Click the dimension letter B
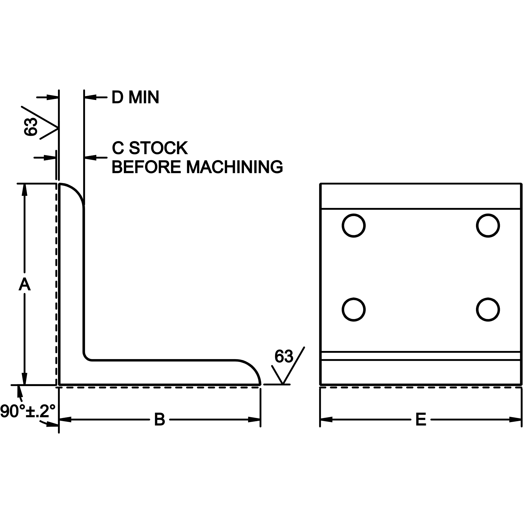159,419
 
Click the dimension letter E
421,419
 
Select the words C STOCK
150,148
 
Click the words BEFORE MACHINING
197,167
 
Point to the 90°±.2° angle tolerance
28,411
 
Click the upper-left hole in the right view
353,226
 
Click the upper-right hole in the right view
488,226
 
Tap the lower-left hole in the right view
353,310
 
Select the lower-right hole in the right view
488,310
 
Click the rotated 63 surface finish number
31,127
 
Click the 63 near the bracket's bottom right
283,356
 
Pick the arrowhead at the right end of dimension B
254,419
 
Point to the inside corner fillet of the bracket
87,357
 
